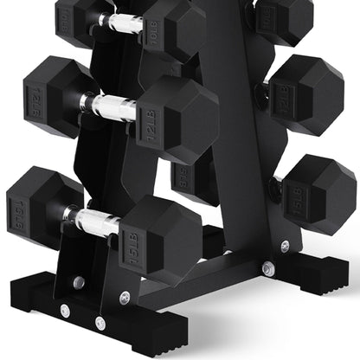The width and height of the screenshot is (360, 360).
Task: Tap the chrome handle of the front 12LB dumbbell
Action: click(x=110, y=106)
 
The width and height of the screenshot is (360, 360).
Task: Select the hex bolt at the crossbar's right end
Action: click(x=267, y=269)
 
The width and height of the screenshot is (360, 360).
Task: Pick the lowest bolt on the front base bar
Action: click(x=100, y=322)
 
